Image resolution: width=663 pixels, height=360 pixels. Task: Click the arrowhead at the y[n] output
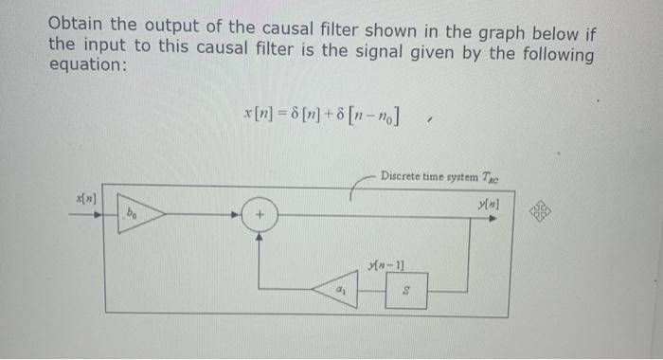[492, 216]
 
